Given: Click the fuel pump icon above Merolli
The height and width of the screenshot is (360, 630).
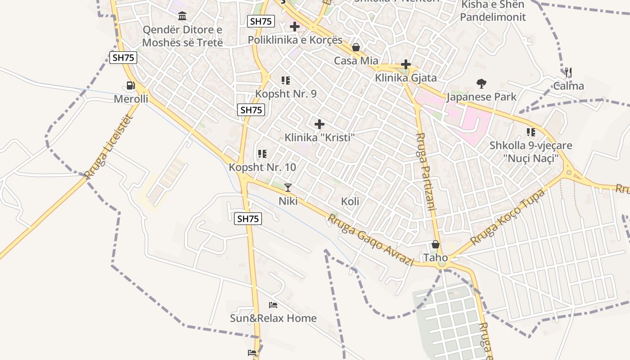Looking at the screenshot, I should click(130, 85).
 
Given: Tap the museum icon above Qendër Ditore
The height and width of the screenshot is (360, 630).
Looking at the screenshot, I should click(182, 17).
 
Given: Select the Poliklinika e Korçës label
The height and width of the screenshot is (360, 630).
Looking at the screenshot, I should click(295, 40).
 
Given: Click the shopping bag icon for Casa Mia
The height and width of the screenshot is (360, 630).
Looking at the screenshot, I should click(356, 47).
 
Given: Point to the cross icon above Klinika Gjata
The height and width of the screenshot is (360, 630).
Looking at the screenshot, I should click(406, 64).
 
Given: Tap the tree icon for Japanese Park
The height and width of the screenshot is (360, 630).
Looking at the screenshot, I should click(481, 83).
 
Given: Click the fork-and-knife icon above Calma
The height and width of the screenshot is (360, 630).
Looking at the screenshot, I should click(568, 72).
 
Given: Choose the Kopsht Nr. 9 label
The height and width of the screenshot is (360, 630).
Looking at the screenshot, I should click(286, 94).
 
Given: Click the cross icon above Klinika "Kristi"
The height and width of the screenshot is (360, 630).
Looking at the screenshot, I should click(319, 124).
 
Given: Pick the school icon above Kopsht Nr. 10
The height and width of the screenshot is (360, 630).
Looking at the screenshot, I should click(262, 154).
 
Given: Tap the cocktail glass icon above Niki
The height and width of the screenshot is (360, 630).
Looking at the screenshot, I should click(288, 188).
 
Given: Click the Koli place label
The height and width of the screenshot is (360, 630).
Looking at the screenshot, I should click(350, 201).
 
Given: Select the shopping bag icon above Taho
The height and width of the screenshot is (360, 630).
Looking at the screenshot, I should click(436, 244).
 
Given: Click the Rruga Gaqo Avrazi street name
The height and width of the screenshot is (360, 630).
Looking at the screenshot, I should click(370, 240).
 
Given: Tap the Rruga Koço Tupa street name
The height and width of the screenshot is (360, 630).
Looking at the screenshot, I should click(508, 216).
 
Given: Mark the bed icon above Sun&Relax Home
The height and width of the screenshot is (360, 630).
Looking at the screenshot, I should click(273, 305).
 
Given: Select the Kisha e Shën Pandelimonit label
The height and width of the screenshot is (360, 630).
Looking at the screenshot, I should click(492, 11).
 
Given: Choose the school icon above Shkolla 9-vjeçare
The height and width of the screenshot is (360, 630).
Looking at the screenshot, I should click(531, 132).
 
